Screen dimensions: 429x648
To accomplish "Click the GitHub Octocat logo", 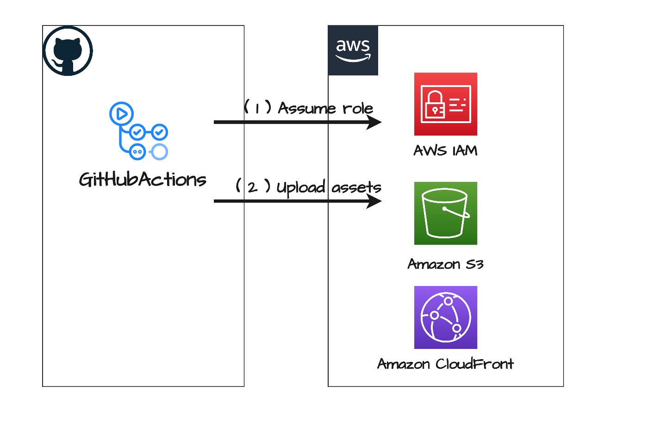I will (68, 50).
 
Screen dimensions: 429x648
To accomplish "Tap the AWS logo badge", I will (353, 50).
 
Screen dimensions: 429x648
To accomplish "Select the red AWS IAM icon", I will (445, 104).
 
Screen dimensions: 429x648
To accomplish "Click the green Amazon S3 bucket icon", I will (445, 213).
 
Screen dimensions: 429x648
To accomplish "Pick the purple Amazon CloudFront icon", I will (445, 317).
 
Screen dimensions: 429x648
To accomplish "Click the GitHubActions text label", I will (143, 180).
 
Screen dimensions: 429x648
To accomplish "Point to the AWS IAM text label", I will (445, 151).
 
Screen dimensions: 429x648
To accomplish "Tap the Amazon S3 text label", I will (445, 264).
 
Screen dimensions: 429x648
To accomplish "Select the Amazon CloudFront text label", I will (445, 364).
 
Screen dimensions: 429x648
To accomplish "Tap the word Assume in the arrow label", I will (306, 108).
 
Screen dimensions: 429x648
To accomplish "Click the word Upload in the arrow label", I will (301, 187).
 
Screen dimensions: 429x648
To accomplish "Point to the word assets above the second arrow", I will (356, 187).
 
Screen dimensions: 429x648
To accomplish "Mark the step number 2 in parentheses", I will (252, 187).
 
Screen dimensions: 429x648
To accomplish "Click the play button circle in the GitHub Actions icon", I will (121, 113).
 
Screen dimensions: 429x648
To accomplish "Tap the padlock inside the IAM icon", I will (435, 105).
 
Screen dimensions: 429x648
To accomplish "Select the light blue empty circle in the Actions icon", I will (159, 152).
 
